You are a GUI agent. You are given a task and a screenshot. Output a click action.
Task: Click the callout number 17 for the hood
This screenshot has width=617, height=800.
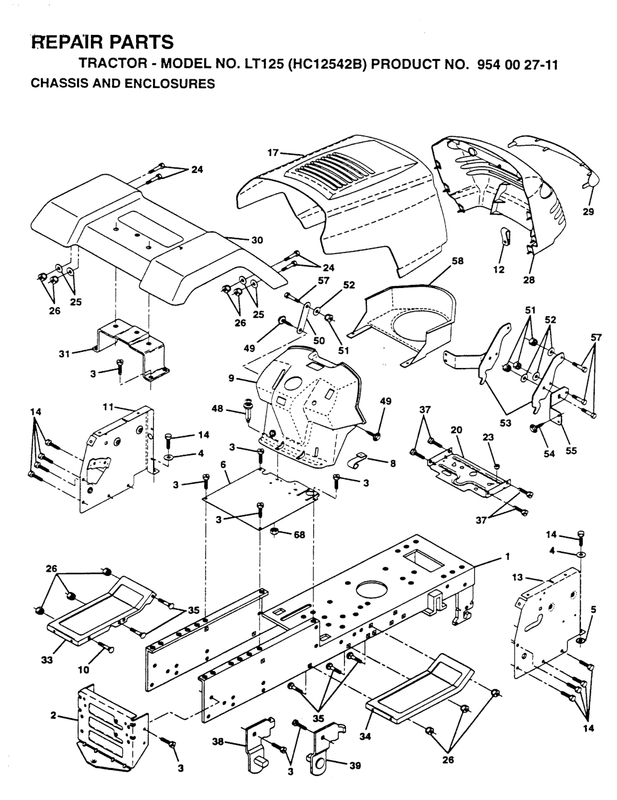point(273,152)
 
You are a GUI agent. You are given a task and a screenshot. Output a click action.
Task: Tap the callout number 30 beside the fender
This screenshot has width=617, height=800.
point(257,240)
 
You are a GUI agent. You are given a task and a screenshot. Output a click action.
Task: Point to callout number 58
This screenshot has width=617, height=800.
point(458,261)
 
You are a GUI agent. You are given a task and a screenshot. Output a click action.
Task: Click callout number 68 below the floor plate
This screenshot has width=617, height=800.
point(299,534)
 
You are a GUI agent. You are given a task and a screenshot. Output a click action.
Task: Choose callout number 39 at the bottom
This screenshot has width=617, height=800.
point(355,765)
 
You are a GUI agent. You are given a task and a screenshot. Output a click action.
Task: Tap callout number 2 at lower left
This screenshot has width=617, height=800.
point(54,716)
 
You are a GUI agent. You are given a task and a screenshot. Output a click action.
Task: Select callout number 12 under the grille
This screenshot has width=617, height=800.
point(498,269)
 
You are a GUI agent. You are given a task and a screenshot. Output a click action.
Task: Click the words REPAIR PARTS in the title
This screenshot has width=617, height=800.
point(102,42)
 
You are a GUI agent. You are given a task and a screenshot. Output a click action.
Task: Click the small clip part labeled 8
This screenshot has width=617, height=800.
point(360,461)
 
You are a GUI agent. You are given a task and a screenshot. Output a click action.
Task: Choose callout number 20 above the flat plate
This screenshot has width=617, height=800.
point(456,430)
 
